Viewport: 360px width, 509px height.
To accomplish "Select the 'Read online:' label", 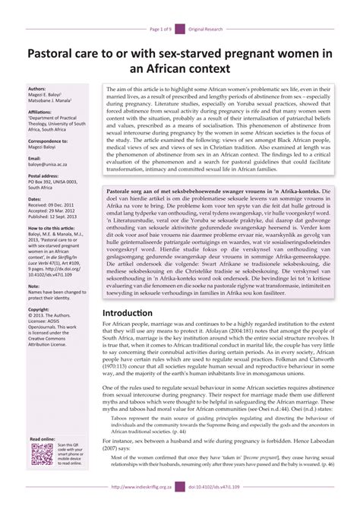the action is point(42,439).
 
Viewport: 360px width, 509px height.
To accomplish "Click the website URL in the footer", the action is point(142,488).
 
